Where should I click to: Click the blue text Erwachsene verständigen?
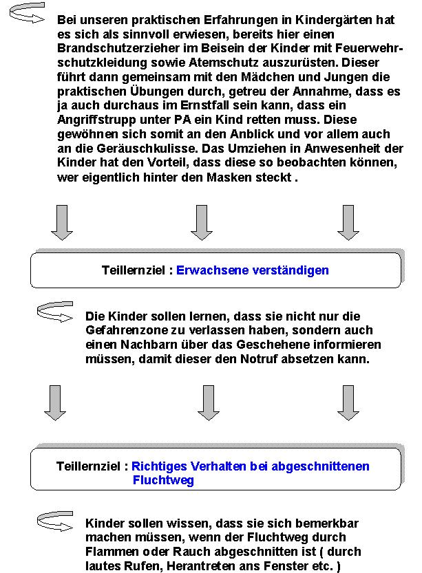253,270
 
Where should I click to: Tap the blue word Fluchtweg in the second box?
163,481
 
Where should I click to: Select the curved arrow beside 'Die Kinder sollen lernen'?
54,313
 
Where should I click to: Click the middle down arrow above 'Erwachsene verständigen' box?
201,221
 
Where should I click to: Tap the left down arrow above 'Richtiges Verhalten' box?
55,402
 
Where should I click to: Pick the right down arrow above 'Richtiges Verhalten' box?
348,402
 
